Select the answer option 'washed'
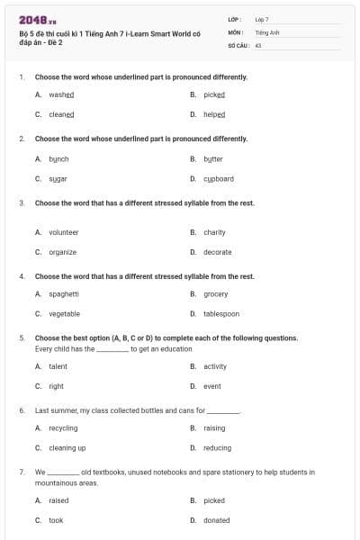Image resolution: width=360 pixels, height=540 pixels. tap(61, 94)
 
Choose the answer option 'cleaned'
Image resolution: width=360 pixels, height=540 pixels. tap(61, 115)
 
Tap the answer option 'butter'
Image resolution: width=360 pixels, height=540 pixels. tap(213, 158)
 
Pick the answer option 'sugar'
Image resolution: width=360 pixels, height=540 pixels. tap(58, 179)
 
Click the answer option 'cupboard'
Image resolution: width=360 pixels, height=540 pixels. tap(219, 179)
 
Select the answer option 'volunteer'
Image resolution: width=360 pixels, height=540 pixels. tap(64, 232)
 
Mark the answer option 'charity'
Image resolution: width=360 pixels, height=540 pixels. tap(214, 232)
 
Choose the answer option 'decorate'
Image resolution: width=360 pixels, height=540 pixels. tap(218, 252)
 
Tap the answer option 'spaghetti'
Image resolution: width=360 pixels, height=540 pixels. tap(64, 293)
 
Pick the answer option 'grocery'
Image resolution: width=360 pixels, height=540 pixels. tap(216, 293)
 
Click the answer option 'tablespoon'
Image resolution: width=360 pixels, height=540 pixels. tap(221, 314)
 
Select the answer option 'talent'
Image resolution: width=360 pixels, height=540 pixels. tap(58, 366)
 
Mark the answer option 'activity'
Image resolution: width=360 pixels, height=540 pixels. tap(215, 366)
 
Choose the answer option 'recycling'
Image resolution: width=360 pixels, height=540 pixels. tap(63, 428)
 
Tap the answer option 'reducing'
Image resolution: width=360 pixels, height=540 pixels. tap(217, 448)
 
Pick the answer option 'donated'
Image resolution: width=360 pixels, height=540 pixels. tap(217, 520)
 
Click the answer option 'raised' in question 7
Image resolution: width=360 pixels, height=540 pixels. tap(58, 499)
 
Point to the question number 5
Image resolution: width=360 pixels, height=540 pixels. tap(21, 338)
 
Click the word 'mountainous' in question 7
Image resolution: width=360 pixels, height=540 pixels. tap(55, 482)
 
